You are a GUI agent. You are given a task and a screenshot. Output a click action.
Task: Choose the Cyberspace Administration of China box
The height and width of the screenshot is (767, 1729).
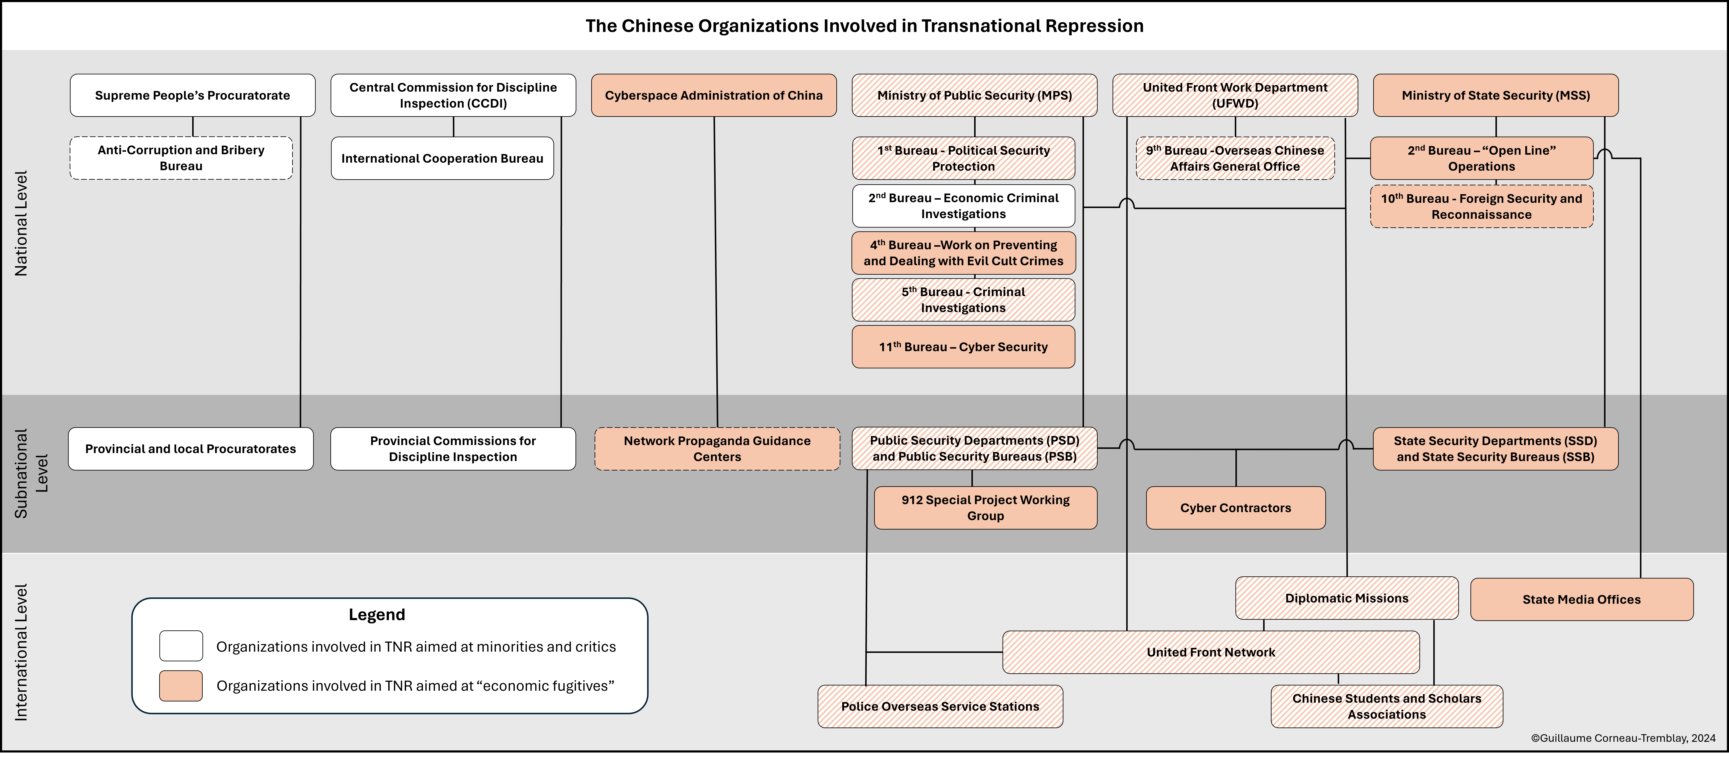(x=713, y=95)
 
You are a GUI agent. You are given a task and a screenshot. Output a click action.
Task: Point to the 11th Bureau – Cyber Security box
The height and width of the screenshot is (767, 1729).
(x=963, y=347)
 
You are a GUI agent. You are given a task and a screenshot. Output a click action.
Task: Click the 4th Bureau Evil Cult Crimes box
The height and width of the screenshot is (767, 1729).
(x=963, y=253)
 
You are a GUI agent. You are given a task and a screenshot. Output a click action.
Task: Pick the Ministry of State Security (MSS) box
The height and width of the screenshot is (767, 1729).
(x=1495, y=95)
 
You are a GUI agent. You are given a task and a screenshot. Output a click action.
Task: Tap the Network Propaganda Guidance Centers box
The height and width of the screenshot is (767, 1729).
(x=717, y=449)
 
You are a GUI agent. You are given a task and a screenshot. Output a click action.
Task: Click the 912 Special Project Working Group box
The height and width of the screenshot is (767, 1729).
(x=985, y=508)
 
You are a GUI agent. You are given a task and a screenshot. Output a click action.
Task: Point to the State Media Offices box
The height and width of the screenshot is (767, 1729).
(x=1581, y=599)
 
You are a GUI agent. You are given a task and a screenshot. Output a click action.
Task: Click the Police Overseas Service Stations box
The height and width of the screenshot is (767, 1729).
(x=940, y=706)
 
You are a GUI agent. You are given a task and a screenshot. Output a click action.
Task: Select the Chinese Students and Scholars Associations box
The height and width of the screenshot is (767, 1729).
(x=1387, y=706)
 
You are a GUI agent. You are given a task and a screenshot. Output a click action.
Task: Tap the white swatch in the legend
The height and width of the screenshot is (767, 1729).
(x=181, y=646)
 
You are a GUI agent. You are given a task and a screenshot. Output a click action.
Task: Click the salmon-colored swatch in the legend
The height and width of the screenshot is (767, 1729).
(x=181, y=686)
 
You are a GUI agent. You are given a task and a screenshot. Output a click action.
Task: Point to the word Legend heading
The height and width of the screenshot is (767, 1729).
(x=377, y=614)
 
